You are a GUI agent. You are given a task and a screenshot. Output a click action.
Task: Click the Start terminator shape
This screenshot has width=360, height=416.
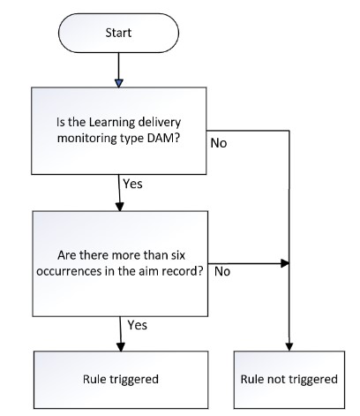118,33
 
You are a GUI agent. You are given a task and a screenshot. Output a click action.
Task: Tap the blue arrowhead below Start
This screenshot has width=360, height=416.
118,83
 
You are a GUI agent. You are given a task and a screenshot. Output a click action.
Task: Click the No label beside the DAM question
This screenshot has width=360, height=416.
219,143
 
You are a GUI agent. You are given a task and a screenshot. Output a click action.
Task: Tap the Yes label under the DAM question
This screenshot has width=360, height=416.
132,184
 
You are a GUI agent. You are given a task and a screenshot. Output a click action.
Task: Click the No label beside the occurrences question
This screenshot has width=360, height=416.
222,271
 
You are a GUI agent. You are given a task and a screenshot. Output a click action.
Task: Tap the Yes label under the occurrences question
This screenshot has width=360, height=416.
138,325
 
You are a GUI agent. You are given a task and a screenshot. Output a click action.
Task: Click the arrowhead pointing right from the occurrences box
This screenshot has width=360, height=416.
285,263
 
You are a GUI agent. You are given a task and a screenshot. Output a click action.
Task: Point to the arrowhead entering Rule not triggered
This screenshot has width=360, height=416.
289,347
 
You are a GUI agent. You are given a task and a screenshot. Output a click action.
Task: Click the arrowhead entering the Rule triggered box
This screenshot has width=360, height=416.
121,347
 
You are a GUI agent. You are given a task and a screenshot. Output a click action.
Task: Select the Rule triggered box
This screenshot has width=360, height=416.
121,380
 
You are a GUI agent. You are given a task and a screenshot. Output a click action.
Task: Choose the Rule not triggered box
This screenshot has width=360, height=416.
289,380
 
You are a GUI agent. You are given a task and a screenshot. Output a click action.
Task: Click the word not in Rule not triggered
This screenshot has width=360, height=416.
274,379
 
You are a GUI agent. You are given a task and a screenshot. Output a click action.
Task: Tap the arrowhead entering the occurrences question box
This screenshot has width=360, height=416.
120,207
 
